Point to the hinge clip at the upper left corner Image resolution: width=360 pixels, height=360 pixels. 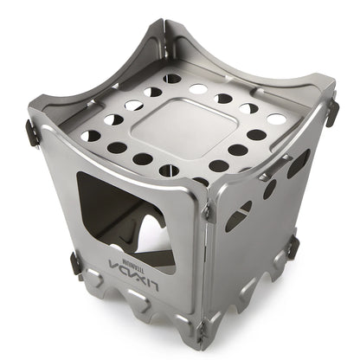32,132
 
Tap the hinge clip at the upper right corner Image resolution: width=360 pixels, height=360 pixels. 331,111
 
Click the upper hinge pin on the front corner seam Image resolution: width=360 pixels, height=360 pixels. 208,210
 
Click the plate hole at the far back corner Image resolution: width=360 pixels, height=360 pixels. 172,79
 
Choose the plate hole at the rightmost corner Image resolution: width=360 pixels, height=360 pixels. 276,119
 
